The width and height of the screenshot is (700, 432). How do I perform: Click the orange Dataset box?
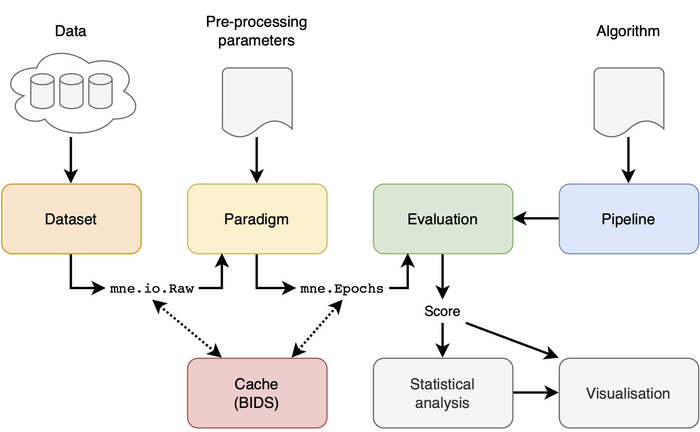(x=71, y=219)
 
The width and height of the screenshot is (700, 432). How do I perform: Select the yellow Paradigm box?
(x=257, y=219)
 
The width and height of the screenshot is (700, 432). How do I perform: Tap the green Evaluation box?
(x=443, y=219)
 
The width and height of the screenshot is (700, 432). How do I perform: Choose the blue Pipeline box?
(x=628, y=219)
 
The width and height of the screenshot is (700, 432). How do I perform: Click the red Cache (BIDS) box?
(x=257, y=393)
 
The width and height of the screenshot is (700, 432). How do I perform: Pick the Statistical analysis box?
(x=443, y=393)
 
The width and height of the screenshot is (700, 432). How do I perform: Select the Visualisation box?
(x=628, y=393)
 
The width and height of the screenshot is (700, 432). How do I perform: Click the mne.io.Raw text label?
(x=152, y=289)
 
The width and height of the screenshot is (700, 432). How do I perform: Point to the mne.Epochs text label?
(x=342, y=289)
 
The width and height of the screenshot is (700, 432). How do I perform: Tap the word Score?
(x=442, y=311)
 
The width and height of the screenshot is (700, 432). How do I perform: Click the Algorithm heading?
(x=628, y=31)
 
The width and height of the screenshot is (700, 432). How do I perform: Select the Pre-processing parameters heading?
(x=256, y=31)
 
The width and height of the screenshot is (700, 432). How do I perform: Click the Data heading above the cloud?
(x=70, y=31)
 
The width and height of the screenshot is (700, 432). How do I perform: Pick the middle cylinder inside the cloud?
(x=71, y=91)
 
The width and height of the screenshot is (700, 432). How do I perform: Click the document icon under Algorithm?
(x=629, y=99)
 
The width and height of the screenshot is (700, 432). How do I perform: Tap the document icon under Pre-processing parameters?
(x=257, y=99)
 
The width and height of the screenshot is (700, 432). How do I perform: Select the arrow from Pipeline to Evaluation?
(x=536, y=219)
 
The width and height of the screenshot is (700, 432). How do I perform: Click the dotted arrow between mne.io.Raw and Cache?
(x=187, y=328)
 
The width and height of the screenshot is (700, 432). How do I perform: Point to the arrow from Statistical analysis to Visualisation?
(x=536, y=392)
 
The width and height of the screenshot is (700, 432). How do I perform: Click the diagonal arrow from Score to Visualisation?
(x=512, y=340)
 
